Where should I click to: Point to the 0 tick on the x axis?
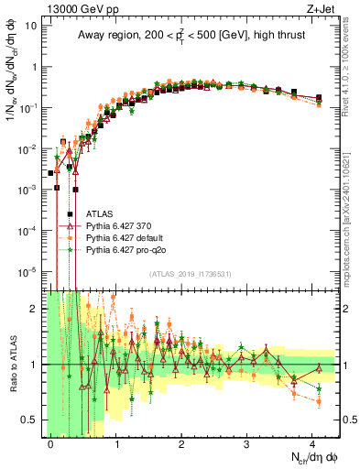pos(51,443)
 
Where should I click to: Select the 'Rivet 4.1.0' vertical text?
pos(350,73)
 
